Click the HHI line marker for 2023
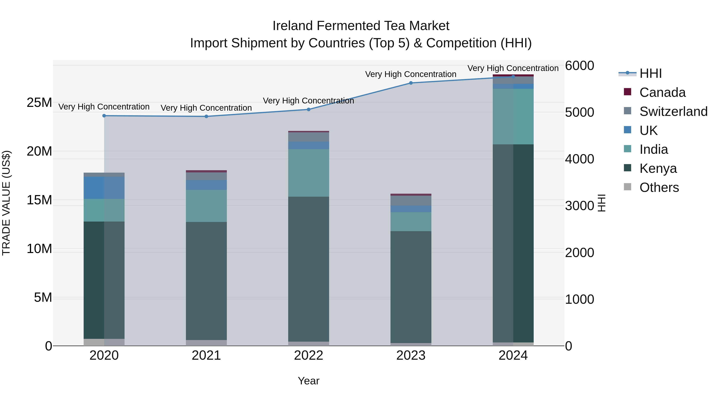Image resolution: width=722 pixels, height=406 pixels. (x=411, y=83)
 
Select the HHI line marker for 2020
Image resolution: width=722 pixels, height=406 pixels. (x=104, y=116)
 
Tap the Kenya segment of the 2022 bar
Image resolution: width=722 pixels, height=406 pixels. (x=309, y=269)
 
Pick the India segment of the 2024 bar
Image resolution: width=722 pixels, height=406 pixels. (x=513, y=116)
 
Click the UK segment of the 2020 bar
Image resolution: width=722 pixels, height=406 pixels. (x=104, y=188)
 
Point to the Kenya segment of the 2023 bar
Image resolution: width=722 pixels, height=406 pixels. (x=411, y=287)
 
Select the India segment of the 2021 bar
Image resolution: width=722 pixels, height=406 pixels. (x=206, y=206)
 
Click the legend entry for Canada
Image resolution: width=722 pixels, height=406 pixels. (x=662, y=92)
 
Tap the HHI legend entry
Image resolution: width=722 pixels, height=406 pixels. (x=650, y=73)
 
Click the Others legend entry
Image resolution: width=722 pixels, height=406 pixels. (x=659, y=187)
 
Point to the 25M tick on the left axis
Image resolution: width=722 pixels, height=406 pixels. (x=39, y=102)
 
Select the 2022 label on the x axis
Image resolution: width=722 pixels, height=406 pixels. (x=309, y=355)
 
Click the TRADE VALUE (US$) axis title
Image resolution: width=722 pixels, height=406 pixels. (x=6, y=203)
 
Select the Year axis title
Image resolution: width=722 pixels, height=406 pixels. (x=309, y=381)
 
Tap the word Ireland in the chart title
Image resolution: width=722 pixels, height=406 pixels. (x=293, y=26)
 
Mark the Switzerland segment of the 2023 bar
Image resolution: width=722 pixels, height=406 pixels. (x=411, y=201)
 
